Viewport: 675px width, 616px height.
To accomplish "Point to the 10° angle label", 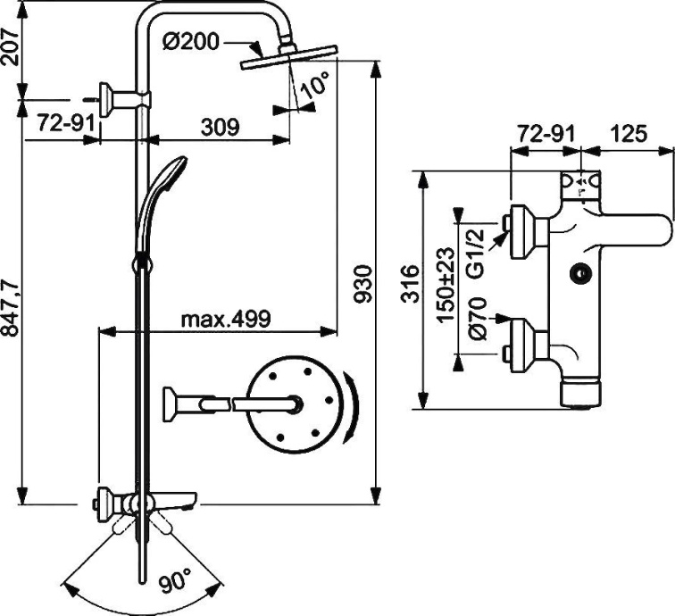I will [313, 87].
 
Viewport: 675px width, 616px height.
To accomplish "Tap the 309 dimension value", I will [220, 127].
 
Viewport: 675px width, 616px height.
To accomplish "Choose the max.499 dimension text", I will [226, 319].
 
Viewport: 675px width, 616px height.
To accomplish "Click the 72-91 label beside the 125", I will [544, 135].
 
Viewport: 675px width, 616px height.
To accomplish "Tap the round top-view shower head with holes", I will [295, 404].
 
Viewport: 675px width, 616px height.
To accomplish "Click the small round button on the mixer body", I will [581, 277].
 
